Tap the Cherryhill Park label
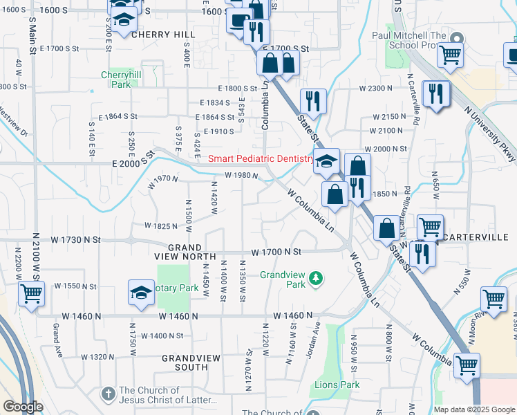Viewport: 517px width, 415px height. (115, 80)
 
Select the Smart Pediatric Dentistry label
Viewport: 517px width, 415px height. (261, 158)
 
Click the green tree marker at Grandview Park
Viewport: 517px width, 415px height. (316, 277)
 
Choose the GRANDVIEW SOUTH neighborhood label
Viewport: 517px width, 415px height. (184, 362)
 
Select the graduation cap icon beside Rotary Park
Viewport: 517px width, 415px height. (141, 293)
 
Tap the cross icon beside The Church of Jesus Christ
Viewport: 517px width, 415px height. (108, 394)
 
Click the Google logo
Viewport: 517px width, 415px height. (23, 407)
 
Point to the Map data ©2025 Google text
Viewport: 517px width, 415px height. (474, 409)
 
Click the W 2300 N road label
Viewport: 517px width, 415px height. (375, 89)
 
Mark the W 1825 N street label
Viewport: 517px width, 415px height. (160, 225)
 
